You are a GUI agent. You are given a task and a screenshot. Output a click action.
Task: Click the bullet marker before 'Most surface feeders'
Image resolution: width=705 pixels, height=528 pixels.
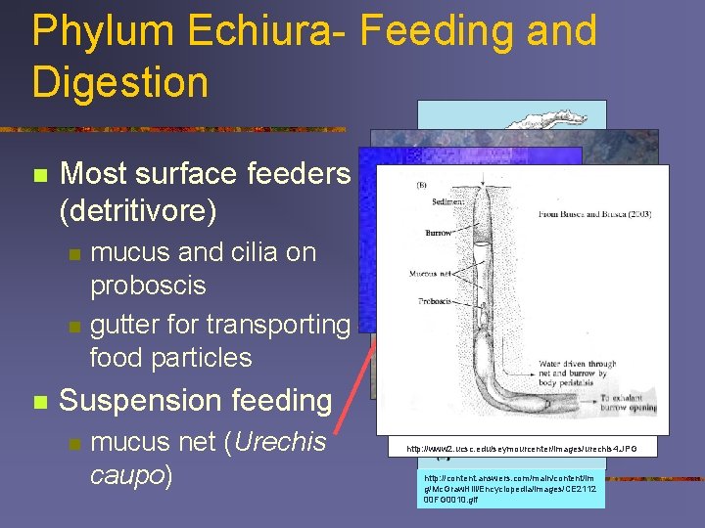39,176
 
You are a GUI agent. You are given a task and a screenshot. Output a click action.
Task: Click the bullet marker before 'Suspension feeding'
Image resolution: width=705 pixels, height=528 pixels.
39,402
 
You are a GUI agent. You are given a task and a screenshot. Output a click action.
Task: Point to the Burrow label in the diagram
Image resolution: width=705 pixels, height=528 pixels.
439,233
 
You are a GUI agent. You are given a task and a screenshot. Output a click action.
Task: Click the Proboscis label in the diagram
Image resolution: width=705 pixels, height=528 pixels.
424,301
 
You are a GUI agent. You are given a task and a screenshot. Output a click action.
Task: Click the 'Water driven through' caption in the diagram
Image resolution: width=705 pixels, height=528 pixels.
578,365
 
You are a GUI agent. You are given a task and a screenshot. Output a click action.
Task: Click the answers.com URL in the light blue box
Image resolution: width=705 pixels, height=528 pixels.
509,488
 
